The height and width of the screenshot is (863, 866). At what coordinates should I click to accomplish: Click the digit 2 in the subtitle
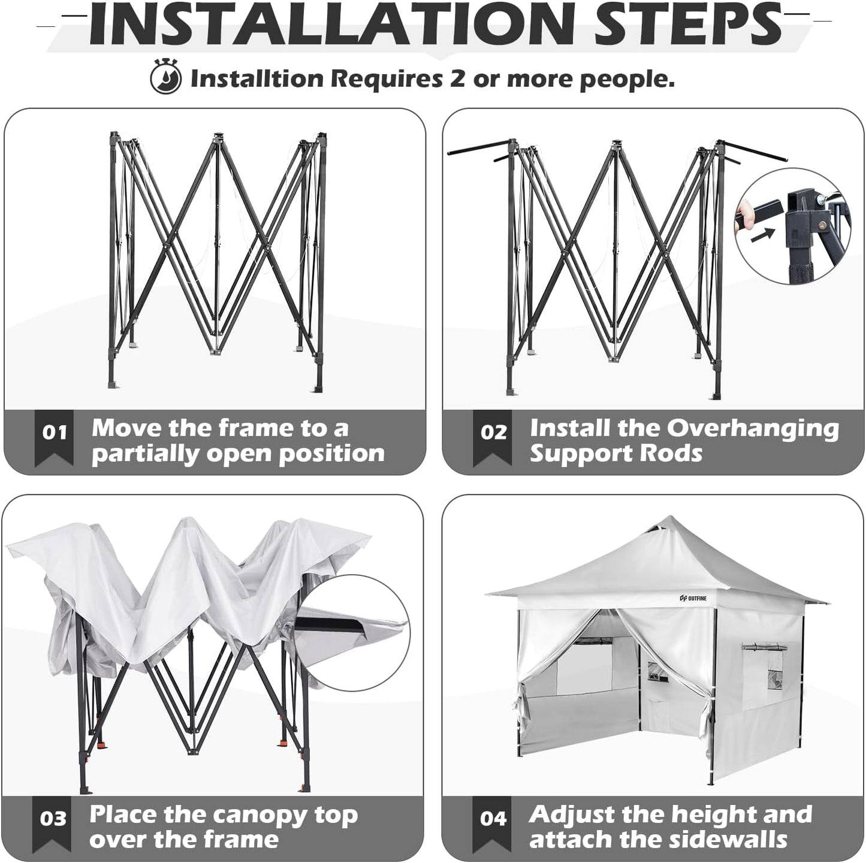coord(457,79)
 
